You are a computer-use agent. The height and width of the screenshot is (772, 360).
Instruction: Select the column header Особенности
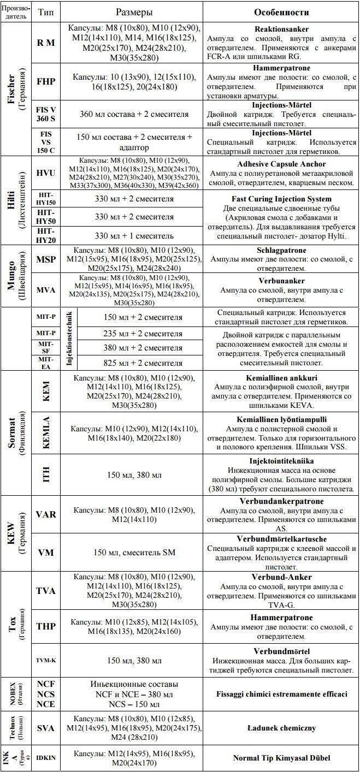(281, 12)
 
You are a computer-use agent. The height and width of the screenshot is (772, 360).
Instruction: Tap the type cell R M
(45, 42)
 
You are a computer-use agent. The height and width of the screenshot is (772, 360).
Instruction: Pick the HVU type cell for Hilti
(45, 173)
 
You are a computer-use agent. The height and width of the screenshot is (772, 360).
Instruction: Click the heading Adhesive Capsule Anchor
(281, 163)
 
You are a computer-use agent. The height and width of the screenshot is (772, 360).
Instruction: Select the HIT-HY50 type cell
(45, 217)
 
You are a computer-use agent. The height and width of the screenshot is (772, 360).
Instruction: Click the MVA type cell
(45, 290)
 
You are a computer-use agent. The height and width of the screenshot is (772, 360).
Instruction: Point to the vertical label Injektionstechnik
(69, 340)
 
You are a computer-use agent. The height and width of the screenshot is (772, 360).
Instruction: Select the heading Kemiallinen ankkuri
(281, 377)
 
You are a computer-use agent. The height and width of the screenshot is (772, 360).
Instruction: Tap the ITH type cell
(45, 475)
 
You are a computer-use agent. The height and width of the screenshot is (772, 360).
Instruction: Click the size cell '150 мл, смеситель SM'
(134, 553)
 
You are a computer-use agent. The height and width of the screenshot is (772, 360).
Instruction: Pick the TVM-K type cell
(45, 660)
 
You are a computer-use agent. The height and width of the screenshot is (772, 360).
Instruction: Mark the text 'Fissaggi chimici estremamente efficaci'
(281, 694)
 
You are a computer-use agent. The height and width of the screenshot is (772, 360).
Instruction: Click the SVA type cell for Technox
(45, 728)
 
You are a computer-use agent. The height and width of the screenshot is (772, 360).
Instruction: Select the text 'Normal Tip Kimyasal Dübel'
(281, 758)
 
